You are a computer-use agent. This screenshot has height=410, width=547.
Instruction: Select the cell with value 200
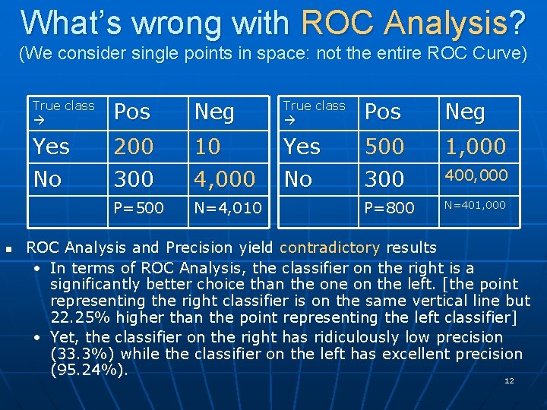134,146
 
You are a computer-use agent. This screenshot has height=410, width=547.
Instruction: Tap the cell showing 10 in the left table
207,146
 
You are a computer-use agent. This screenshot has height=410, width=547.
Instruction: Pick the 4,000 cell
225,179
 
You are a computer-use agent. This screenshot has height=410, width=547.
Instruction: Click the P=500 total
138,207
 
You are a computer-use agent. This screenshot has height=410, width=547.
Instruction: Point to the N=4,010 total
228,207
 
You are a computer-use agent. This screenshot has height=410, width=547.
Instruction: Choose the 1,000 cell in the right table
476,146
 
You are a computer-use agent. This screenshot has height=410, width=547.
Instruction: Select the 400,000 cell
476,175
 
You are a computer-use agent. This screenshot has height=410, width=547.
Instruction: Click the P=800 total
389,207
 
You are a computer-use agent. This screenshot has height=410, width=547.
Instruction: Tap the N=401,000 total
475,205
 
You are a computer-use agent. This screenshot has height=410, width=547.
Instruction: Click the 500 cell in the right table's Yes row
384,146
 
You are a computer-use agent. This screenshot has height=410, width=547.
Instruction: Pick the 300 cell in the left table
134,179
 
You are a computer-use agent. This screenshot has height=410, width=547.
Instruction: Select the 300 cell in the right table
384,179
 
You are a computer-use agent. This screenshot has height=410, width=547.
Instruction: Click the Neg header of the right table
465,112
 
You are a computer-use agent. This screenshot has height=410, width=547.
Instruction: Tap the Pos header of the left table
132,112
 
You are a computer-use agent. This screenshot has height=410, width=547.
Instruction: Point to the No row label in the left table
47,179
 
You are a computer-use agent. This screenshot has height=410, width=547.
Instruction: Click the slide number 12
509,380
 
